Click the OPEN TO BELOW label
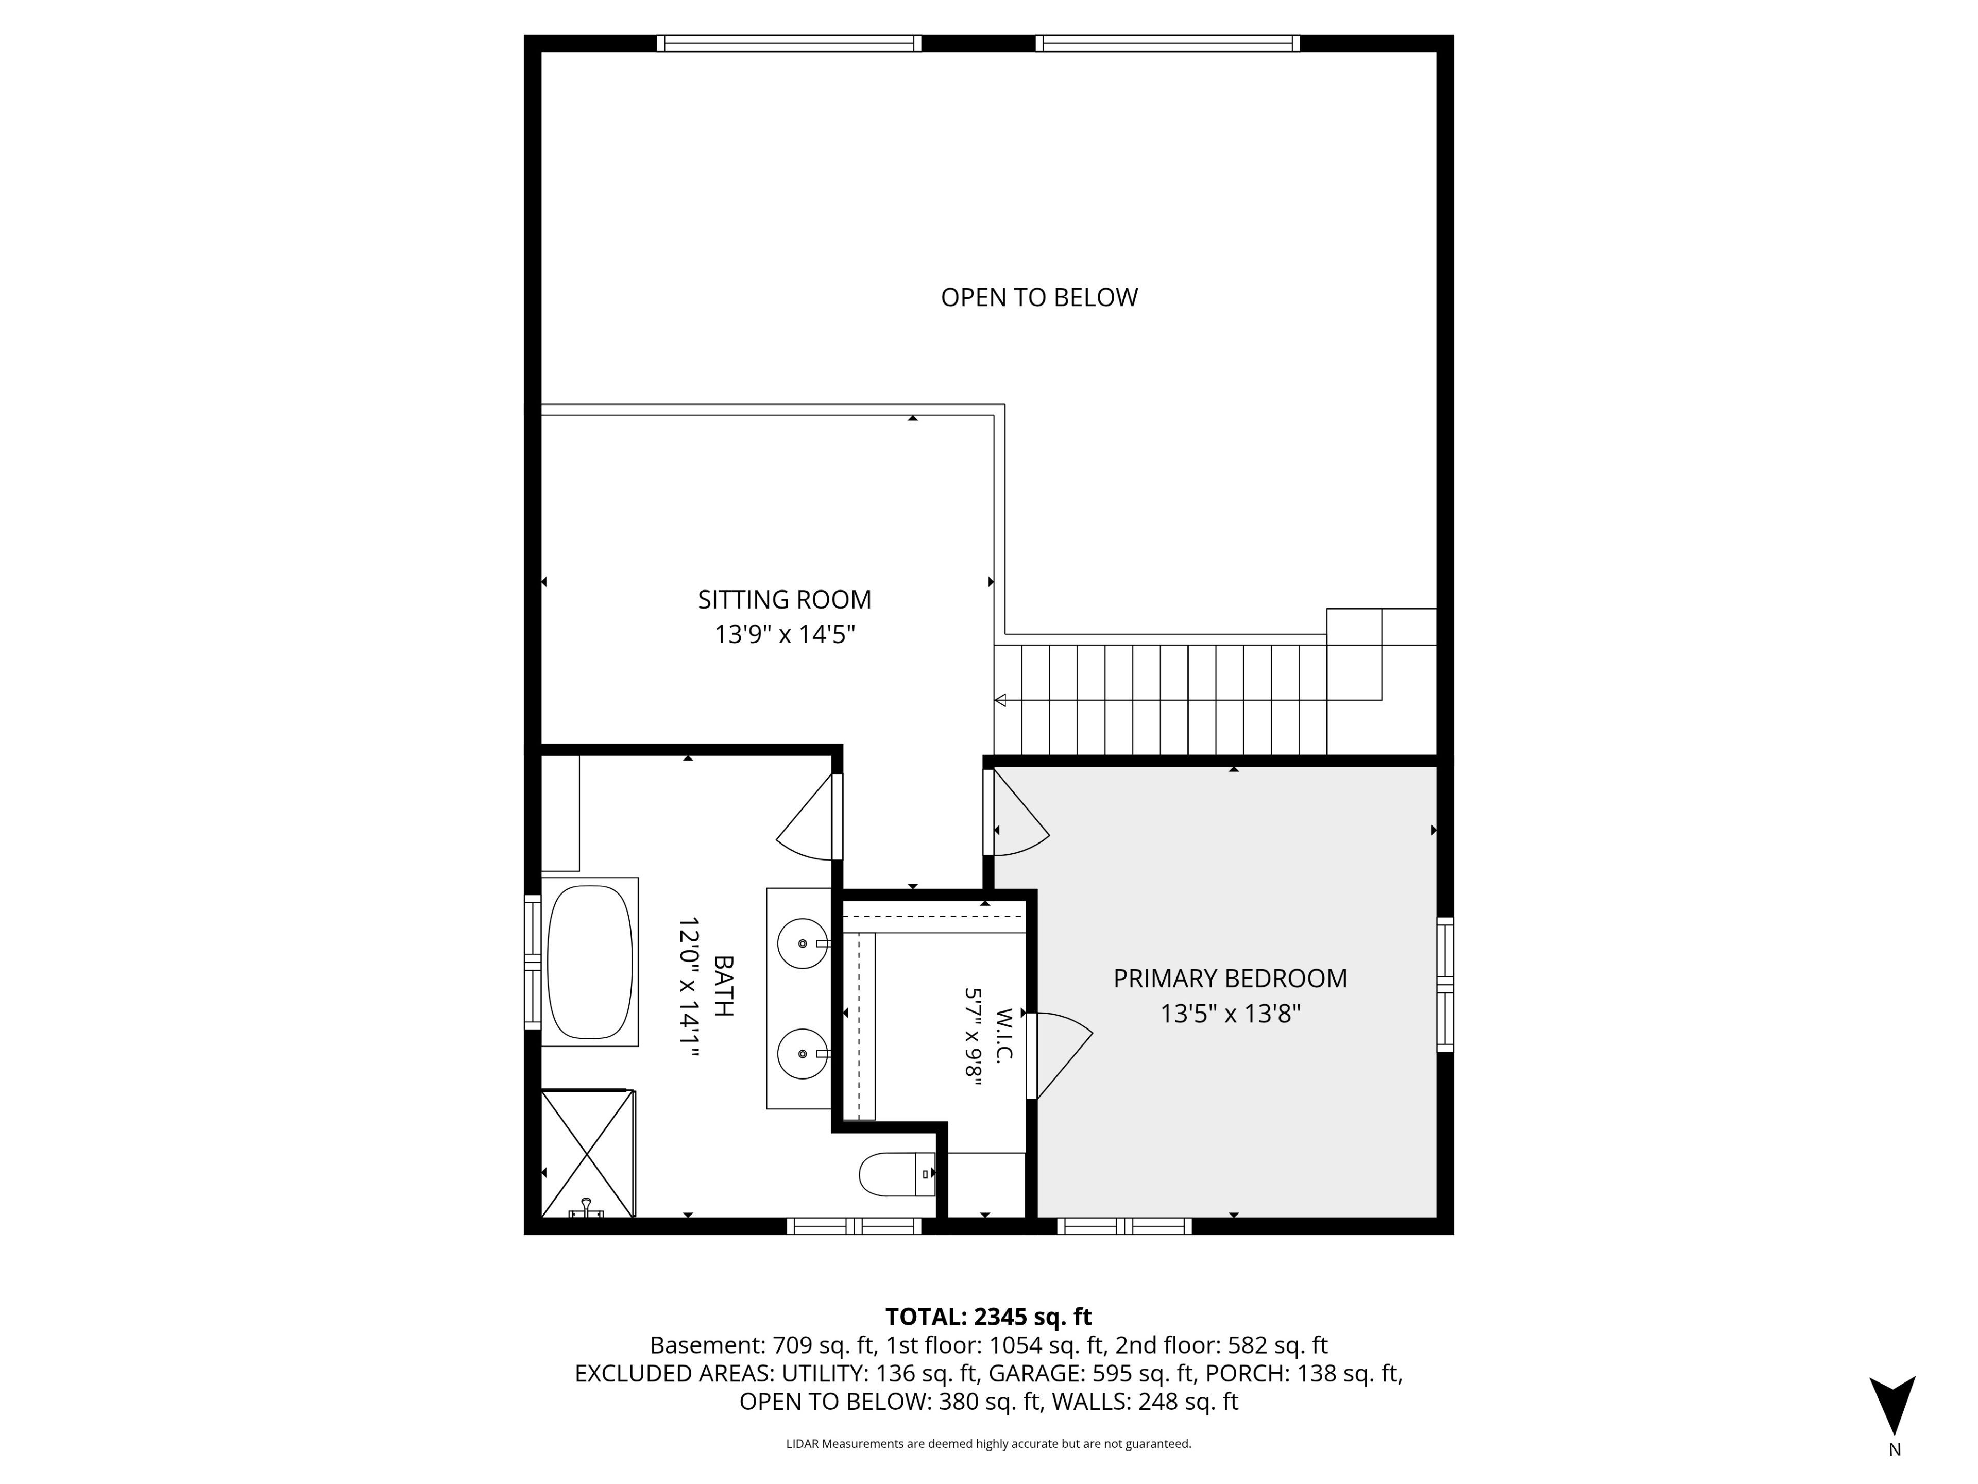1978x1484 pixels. tap(1039, 297)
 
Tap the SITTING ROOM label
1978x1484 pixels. tap(784, 599)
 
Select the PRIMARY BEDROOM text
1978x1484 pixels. tap(1231, 979)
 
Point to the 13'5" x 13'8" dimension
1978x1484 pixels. tap(1231, 1014)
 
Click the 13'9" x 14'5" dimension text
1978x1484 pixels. tap(784, 634)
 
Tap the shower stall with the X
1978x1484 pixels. tap(588, 1153)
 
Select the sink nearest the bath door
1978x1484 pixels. tap(803, 943)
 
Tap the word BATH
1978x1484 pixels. tap(723, 987)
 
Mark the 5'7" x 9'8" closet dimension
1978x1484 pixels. tap(973, 1037)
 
